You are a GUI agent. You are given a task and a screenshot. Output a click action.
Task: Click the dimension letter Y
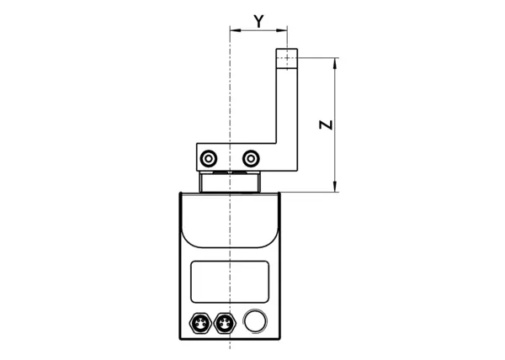click(x=259, y=22)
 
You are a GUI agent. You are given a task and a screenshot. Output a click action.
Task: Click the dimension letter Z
click(x=326, y=124)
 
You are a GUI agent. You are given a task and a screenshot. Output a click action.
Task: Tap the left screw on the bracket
click(x=209, y=158)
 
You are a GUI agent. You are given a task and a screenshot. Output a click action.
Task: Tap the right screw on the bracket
click(x=251, y=158)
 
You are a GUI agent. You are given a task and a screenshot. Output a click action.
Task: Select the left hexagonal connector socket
click(x=200, y=323)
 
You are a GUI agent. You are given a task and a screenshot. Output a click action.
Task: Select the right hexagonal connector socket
click(x=224, y=323)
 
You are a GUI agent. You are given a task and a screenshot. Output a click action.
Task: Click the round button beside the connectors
click(x=255, y=321)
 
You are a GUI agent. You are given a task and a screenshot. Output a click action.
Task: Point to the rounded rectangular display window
click(x=230, y=282)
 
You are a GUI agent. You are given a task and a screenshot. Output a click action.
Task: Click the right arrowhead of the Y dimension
click(x=282, y=30)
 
